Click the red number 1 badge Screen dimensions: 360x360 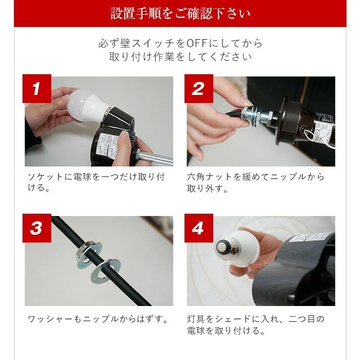click(37, 88)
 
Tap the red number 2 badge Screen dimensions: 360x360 click(199, 88)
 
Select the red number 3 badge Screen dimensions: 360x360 click(37, 228)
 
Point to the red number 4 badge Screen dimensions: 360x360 click(199, 228)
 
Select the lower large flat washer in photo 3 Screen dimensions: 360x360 click(106, 272)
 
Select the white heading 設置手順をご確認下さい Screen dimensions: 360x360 click(180, 13)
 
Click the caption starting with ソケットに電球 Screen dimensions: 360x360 click(96, 182)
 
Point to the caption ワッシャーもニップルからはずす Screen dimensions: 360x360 click(98, 319)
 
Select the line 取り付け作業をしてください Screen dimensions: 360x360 click(180, 57)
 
